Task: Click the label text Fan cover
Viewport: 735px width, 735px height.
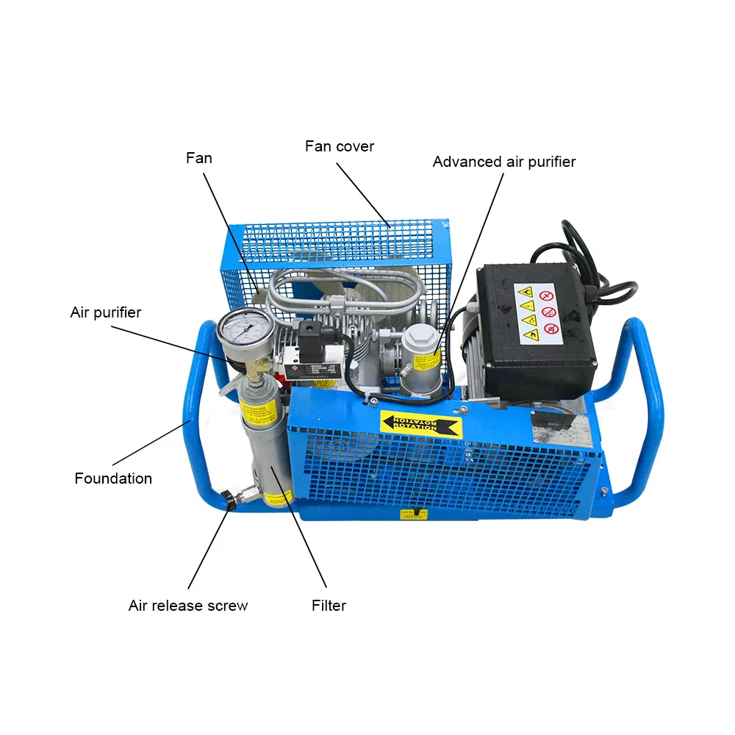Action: point(339,146)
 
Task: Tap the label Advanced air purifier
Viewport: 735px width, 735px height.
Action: point(503,162)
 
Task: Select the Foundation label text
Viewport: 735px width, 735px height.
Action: point(113,478)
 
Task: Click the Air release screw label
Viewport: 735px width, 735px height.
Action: point(188,606)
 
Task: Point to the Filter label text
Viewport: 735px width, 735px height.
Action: point(329,606)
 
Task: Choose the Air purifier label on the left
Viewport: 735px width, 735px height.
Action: point(105,312)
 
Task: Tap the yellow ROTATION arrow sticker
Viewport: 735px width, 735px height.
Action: point(421,424)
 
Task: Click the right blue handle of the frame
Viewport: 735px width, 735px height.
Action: point(642,412)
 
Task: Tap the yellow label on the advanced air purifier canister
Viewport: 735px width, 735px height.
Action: point(431,362)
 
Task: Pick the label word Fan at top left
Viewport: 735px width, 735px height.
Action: point(198,158)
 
